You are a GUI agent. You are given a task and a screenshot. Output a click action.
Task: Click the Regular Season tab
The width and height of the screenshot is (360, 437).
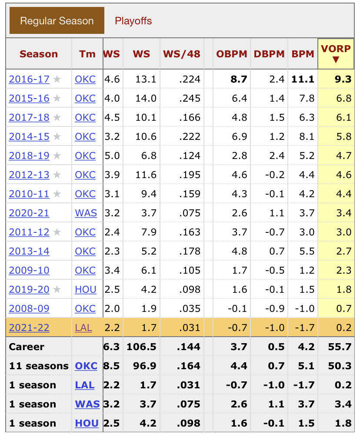point(57,20)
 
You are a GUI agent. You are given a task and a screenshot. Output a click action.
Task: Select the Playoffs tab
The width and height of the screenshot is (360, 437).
point(133,20)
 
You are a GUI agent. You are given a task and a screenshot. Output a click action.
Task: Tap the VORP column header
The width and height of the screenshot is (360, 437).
point(335,53)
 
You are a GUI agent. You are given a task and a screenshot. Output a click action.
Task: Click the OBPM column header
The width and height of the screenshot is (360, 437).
point(232,54)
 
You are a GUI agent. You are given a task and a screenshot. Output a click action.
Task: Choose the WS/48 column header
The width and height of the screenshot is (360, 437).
point(181,54)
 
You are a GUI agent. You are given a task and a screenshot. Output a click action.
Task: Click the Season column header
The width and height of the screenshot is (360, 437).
point(39,54)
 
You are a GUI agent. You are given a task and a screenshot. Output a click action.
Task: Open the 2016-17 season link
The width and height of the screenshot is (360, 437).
point(29,79)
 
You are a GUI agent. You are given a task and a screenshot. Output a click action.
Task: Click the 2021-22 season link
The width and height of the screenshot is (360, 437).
point(29,328)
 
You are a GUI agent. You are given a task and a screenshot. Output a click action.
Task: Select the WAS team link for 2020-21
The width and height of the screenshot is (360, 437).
point(86,213)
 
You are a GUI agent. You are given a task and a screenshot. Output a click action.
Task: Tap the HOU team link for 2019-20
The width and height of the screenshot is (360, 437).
point(86,289)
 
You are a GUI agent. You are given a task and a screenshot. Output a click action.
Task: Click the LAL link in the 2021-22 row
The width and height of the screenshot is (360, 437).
point(83,328)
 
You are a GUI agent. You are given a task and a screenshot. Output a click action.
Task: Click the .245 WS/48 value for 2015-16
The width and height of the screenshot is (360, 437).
point(190,98)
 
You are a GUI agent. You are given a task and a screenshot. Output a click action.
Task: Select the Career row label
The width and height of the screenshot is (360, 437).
point(27,347)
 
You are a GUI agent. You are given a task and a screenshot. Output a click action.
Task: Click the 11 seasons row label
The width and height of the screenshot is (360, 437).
point(39,366)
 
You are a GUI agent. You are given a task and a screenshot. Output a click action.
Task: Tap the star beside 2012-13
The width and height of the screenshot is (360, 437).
point(57,175)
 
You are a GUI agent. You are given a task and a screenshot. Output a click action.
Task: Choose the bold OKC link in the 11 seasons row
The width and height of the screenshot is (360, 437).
point(86,366)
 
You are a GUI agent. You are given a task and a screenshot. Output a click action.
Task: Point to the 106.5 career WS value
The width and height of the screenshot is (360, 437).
point(141,347)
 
